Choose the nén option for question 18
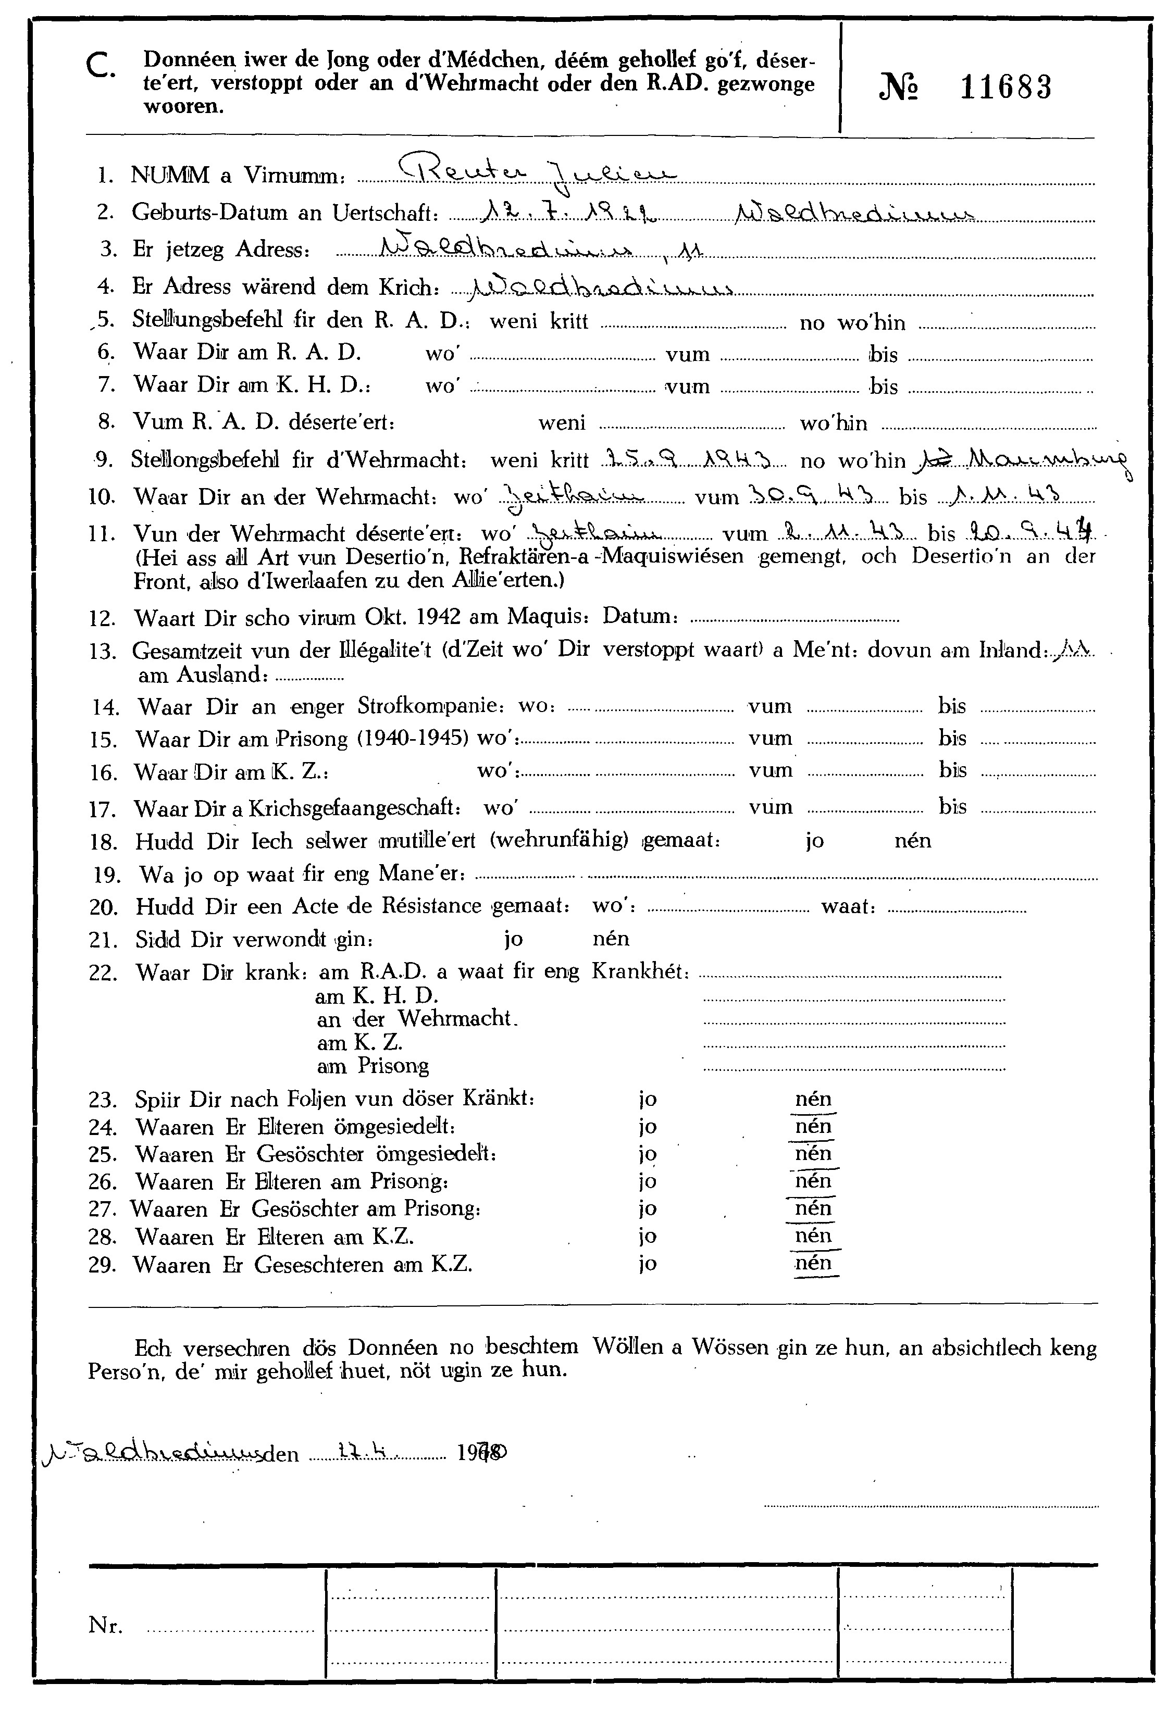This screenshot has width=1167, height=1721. coord(912,841)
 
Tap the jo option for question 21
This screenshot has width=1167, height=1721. coord(513,939)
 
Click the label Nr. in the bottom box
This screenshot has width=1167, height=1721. coord(106,1626)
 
